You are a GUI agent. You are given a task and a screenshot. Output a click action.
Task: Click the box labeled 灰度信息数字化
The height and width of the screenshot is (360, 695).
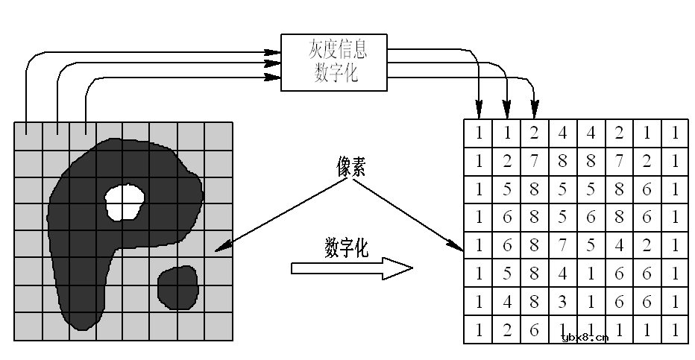[334, 62]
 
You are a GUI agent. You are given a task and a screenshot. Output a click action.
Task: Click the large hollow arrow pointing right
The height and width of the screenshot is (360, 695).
[350, 268]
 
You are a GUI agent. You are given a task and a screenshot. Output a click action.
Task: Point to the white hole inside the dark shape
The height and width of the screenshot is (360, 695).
[124, 201]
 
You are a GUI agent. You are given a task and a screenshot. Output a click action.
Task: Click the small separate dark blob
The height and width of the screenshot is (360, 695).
[178, 287]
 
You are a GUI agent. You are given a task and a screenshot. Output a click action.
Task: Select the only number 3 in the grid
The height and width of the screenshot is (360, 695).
[563, 302]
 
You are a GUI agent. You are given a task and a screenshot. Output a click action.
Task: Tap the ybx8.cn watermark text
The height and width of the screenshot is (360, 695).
[584, 338]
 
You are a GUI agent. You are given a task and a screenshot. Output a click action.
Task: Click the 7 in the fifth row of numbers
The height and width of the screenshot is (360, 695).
[563, 245]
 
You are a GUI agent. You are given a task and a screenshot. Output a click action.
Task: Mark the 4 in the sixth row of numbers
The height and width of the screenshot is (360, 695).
[563, 274]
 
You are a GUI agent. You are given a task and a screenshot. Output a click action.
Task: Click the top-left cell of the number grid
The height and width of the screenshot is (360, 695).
[479, 133]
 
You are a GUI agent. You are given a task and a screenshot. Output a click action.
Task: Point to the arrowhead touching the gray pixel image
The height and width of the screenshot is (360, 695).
[218, 250]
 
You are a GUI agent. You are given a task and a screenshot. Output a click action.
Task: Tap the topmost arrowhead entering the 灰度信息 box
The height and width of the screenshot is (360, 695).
[275, 53]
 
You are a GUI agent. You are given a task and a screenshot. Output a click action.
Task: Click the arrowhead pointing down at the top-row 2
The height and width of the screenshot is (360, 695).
[535, 114]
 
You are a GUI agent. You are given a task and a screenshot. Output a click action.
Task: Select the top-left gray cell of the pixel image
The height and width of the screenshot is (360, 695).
[28, 136]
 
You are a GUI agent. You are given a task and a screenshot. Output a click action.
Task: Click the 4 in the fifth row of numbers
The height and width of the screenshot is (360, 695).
[619, 245]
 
